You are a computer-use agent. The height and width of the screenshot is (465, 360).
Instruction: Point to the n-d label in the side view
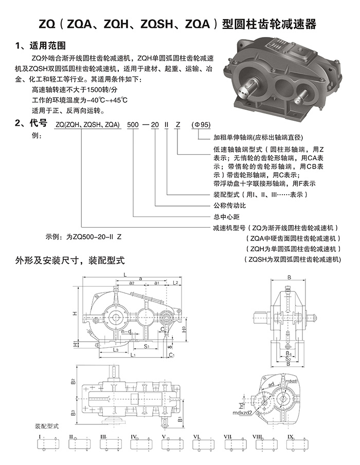coord(127,331)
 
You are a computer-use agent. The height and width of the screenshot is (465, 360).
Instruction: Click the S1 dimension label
coord(146,346)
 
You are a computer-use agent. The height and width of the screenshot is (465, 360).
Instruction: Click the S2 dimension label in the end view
coord(289,359)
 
